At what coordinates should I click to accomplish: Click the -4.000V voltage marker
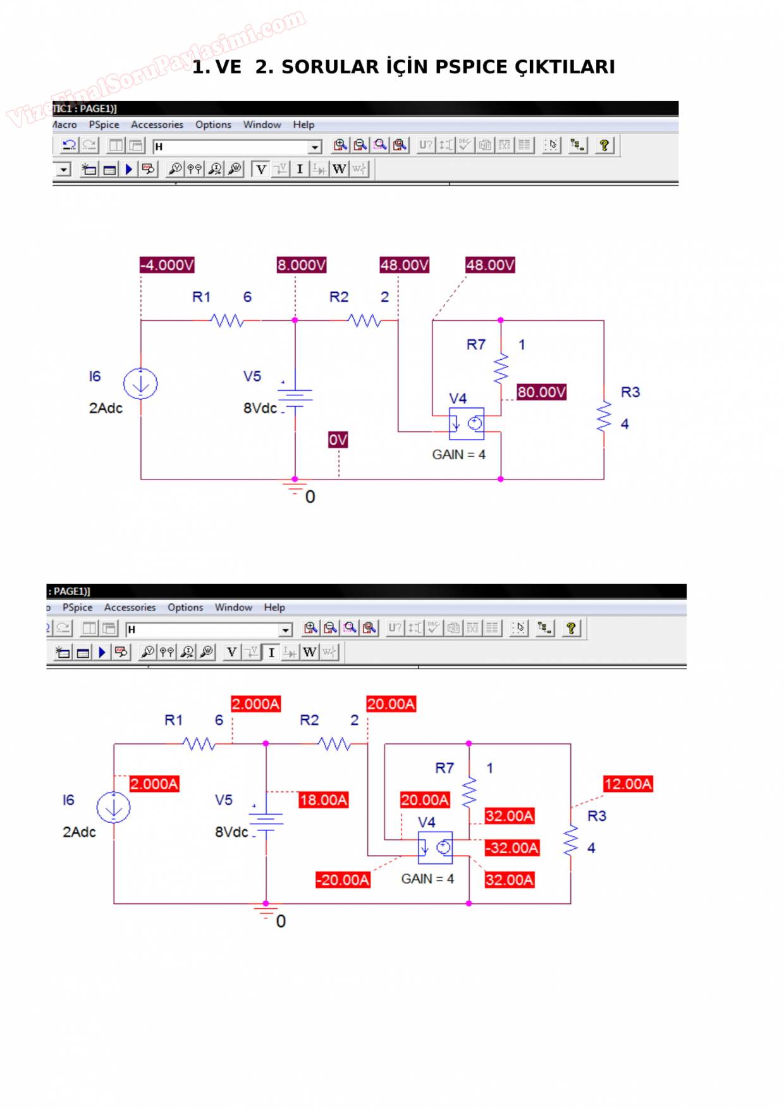click(x=167, y=265)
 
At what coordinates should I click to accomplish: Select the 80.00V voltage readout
click(x=541, y=392)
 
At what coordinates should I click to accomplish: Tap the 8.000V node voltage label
click(x=301, y=265)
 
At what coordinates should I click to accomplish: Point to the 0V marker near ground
click(x=338, y=440)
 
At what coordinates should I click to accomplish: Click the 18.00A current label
click(x=323, y=800)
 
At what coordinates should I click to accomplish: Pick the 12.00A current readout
click(x=628, y=784)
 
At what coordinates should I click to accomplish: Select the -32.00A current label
click(x=512, y=848)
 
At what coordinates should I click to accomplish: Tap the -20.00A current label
click(x=343, y=880)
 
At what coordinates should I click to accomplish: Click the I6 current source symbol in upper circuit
click(x=140, y=384)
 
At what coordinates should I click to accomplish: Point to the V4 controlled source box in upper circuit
click(x=467, y=424)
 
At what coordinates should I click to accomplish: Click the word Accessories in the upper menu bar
click(x=157, y=125)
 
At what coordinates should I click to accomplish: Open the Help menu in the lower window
click(x=274, y=607)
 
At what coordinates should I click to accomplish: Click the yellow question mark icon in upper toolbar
click(x=604, y=145)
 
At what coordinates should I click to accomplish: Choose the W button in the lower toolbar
click(x=309, y=652)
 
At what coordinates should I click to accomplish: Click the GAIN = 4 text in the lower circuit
click(x=427, y=879)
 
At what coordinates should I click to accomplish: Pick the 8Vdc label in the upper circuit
click(x=260, y=409)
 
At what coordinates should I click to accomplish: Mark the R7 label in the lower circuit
click(x=444, y=768)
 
